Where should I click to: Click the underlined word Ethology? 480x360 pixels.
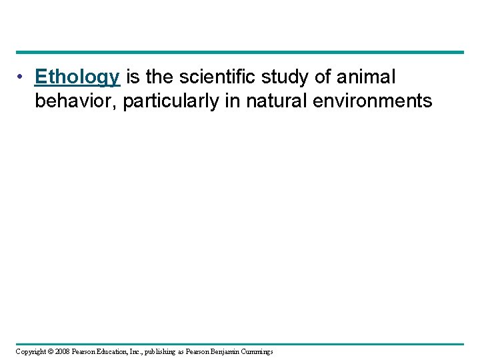pos(77,78)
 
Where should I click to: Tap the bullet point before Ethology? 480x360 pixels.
pos(22,77)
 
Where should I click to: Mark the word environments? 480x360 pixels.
pos(375,101)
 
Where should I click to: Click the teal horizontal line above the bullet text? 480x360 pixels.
pos(240,52)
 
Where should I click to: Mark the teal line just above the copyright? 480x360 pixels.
pos(240,344)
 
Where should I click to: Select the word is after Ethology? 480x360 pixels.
pos(132,77)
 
